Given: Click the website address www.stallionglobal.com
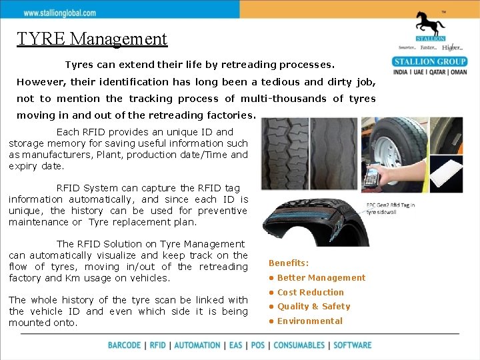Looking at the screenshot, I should point(59,13).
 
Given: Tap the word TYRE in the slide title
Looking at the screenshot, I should point(42,39).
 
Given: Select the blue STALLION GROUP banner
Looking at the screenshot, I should point(430,62).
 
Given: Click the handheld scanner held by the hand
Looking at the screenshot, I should point(371,178).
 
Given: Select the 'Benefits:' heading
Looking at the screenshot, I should point(289,263).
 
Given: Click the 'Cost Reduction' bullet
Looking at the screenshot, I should point(310,292).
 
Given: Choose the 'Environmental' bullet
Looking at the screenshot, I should point(309,321).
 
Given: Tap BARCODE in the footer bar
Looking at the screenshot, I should point(125,345).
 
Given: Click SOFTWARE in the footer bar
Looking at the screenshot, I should point(352,345).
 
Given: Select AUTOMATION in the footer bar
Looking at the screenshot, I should point(197,345).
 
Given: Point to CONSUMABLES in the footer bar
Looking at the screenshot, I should point(299,345).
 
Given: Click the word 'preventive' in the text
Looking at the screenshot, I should point(222,211).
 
